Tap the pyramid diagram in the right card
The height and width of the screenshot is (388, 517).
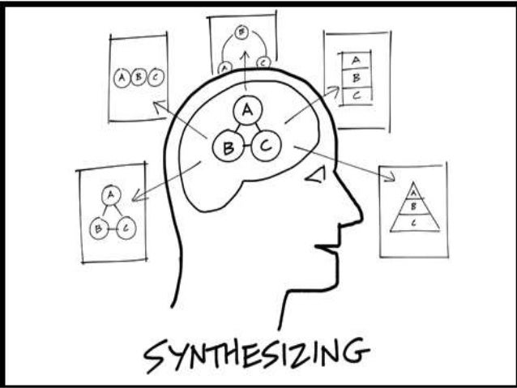(414, 210)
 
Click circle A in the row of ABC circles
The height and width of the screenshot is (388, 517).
(122, 79)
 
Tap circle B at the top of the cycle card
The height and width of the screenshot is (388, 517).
(241, 33)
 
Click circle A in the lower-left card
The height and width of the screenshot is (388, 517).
(110, 194)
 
